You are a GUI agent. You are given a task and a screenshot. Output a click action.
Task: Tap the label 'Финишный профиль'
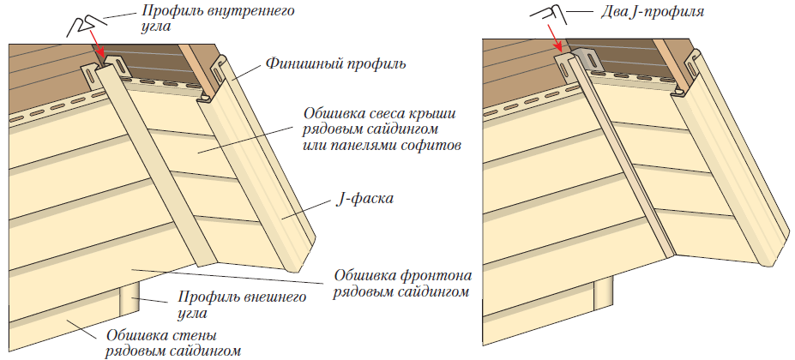[x=335, y=64]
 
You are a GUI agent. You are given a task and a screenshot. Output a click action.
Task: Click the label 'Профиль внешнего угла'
[x=243, y=304]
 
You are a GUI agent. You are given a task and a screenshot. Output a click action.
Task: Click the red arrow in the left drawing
[x=97, y=44]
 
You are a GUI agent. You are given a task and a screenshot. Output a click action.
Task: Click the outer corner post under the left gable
[x=129, y=299]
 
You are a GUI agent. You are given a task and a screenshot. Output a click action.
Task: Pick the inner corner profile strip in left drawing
[x=152, y=162]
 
